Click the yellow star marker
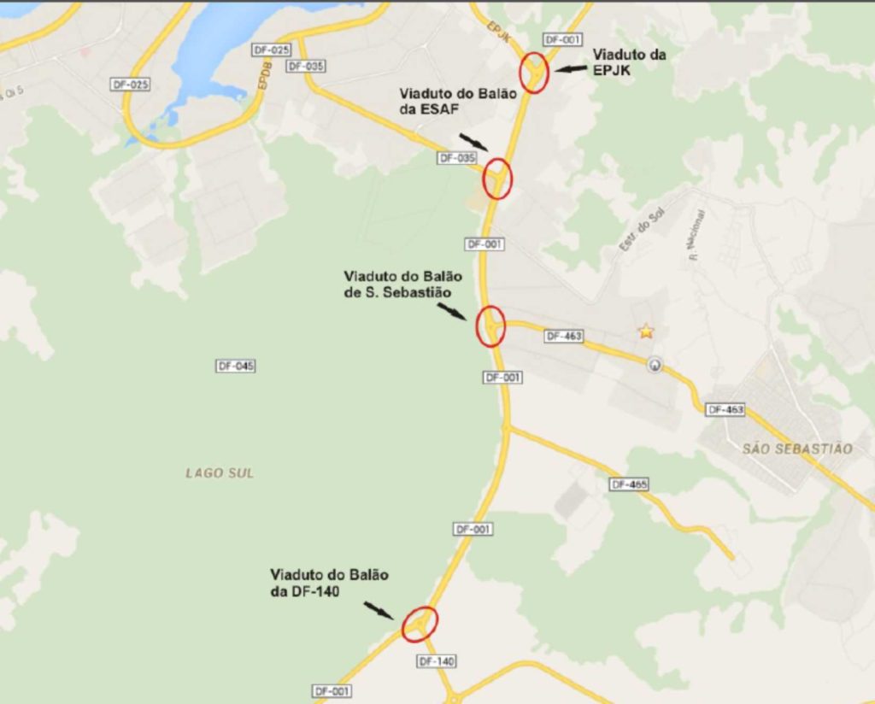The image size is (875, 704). click(x=646, y=331)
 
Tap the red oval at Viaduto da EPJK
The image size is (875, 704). click(x=535, y=73)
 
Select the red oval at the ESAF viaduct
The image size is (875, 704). click(x=496, y=179)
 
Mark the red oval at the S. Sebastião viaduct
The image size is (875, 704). click(x=490, y=326)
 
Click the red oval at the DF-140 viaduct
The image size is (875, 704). click(x=420, y=623)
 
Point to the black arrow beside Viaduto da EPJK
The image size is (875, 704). click(x=570, y=68)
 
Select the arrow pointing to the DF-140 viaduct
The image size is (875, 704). click(x=379, y=610)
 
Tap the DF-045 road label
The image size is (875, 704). click(x=236, y=367)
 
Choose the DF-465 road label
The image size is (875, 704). click(x=630, y=484)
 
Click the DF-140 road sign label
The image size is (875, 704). click(x=437, y=661)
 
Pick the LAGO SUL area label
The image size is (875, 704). click(x=220, y=472)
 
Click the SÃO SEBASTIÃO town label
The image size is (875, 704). click(x=797, y=449)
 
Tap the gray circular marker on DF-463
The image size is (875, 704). click(x=655, y=365)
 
